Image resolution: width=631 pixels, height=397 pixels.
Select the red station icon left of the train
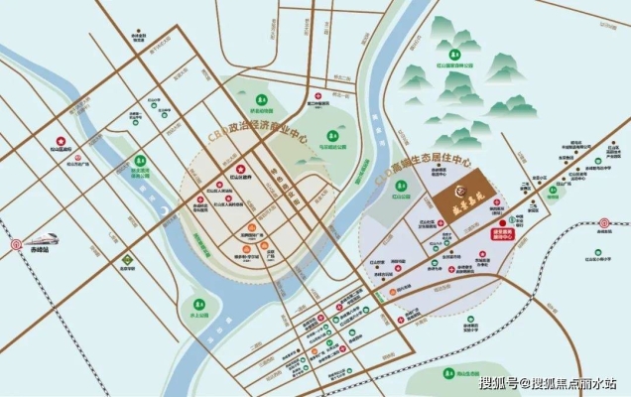(16, 242)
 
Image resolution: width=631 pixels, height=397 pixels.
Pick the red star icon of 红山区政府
(222, 183)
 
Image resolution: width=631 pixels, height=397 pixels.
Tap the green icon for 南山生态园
(448, 373)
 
